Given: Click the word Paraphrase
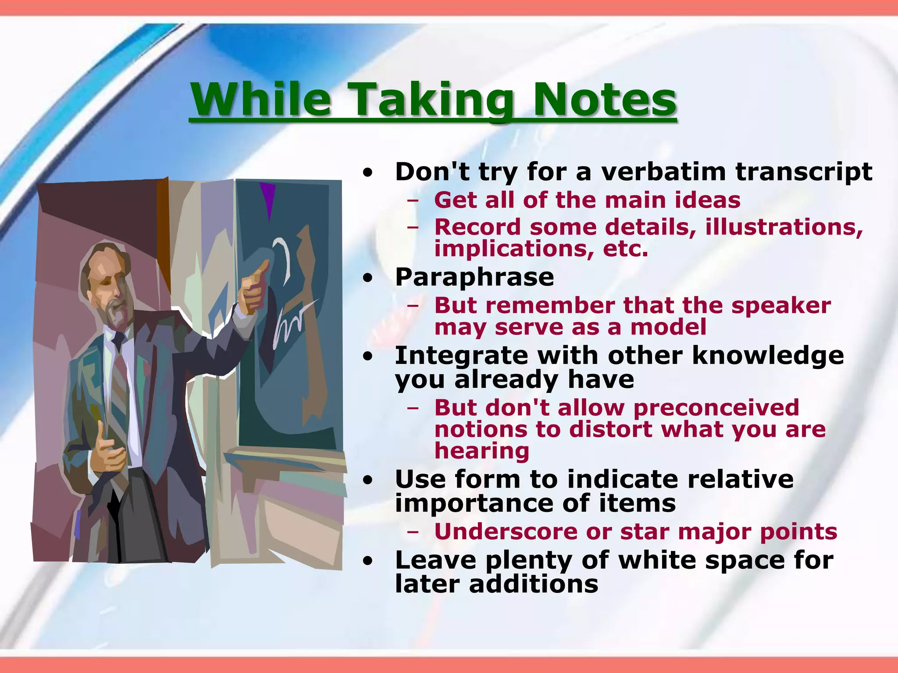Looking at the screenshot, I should (x=474, y=278).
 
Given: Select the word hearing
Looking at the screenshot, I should (x=482, y=451).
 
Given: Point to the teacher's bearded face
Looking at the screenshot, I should (x=110, y=294).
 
